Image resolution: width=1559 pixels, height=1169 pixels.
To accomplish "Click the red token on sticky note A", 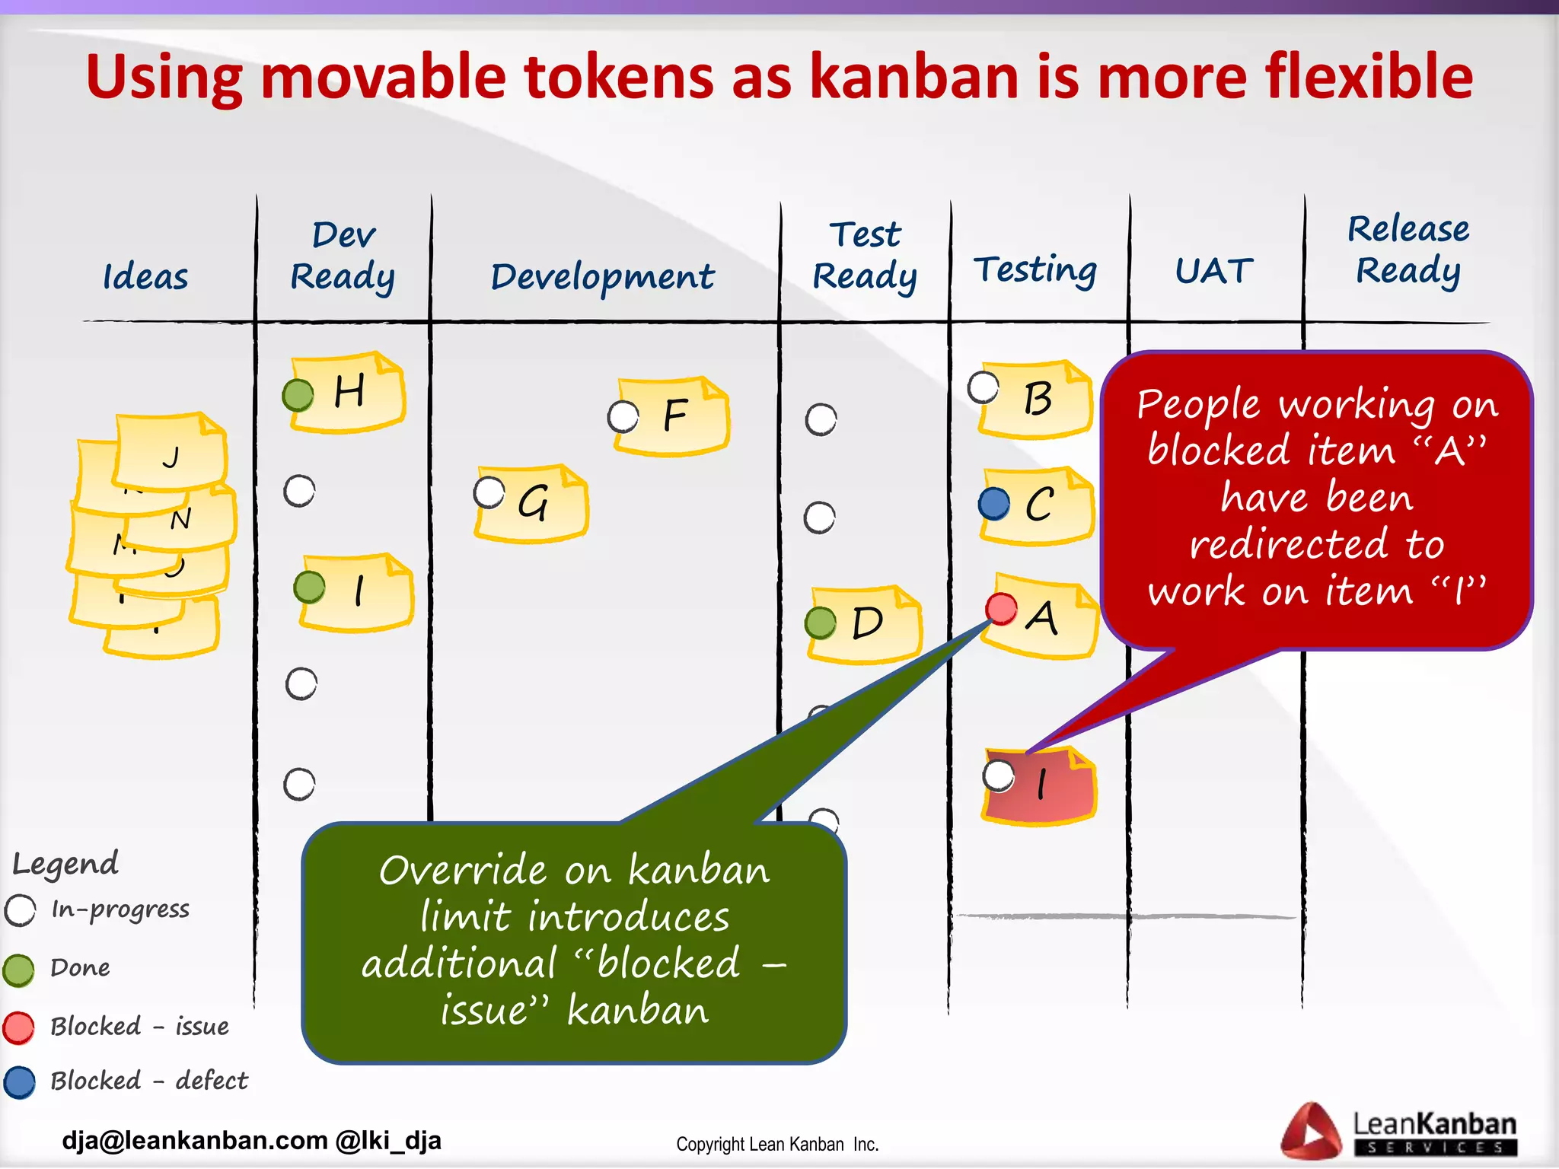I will coord(1001,608).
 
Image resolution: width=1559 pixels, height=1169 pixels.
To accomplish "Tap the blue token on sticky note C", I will coord(994,504).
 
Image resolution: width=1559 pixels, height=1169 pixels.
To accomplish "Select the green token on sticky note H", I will coord(298,395).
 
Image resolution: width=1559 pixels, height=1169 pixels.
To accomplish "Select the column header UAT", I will coord(1213,271).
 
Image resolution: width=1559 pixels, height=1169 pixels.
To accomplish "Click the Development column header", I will coord(602,277).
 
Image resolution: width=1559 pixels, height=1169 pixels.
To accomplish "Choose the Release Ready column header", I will coord(1408,250).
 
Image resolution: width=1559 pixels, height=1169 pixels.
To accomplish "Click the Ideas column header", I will coord(145,276).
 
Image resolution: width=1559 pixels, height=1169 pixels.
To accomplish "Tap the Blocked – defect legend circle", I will coord(19,1082).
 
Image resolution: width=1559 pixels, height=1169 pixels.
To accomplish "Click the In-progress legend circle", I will coord(21,910).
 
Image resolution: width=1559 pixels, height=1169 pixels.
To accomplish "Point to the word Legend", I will coord(66,864).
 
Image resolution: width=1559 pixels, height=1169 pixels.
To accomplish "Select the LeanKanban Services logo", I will coord(1399,1132).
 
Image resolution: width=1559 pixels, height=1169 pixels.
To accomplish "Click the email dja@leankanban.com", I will coord(195,1141).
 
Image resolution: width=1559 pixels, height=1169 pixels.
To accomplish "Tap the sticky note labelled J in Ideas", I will coord(172,454).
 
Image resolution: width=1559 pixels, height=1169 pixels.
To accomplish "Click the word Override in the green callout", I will coord(463,871).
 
